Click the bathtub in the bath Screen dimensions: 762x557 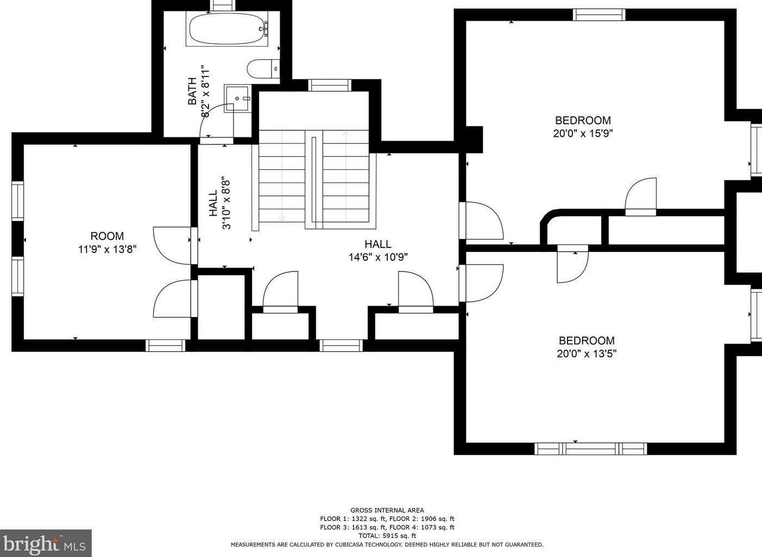(228, 29)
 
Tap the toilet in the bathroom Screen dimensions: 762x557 (263, 69)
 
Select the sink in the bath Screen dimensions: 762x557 (237, 99)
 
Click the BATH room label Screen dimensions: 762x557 (192, 91)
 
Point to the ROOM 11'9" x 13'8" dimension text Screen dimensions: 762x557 (108, 249)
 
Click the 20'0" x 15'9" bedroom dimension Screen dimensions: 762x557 (583, 134)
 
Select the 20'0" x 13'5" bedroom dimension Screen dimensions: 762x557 (587, 353)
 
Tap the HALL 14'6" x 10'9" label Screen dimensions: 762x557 (378, 250)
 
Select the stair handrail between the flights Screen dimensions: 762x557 (314, 182)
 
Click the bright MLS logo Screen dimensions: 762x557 (46, 543)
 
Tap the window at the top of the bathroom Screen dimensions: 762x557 (222, 5)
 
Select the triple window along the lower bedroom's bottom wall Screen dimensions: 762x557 (590, 448)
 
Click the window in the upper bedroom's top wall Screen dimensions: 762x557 (599, 15)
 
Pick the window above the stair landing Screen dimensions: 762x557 (330, 85)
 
